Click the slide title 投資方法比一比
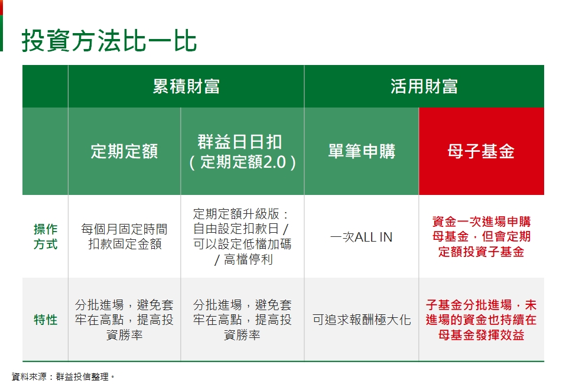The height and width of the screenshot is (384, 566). click(x=109, y=40)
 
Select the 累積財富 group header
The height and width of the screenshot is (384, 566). click(x=186, y=87)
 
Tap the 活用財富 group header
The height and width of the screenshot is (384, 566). click(x=424, y=87)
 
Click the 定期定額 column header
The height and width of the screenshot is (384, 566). click(x=124, y=151)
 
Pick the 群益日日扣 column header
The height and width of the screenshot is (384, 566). click(x=242, y=152)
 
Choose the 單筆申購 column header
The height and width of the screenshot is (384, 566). click(x=362, y=151)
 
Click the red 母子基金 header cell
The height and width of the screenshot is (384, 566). click(x=481, y=151)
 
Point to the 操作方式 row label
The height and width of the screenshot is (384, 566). click(x=45, y=237)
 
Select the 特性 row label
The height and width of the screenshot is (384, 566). click(x=45, y=320)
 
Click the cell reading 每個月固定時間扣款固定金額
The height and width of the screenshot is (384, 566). click(x=124, y=237)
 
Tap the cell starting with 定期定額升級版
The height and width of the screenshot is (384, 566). click(x=242, y=237)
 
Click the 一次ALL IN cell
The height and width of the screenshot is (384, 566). click(x=362, y=237)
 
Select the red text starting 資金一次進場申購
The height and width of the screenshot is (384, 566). click(x=481, y=237)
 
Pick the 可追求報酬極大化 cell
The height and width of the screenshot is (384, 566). click(x=362, y=320)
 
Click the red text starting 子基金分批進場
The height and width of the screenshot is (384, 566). click(x=481, y=320)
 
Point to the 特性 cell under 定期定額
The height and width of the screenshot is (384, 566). click(x=124, y=320)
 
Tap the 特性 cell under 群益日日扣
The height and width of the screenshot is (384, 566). click(x=242, y=320)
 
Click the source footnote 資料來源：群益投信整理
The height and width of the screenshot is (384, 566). click(x=63, y=377)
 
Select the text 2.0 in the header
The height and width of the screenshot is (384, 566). click(x=275, y=162)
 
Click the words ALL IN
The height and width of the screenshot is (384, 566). click(x=373, y=237)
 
